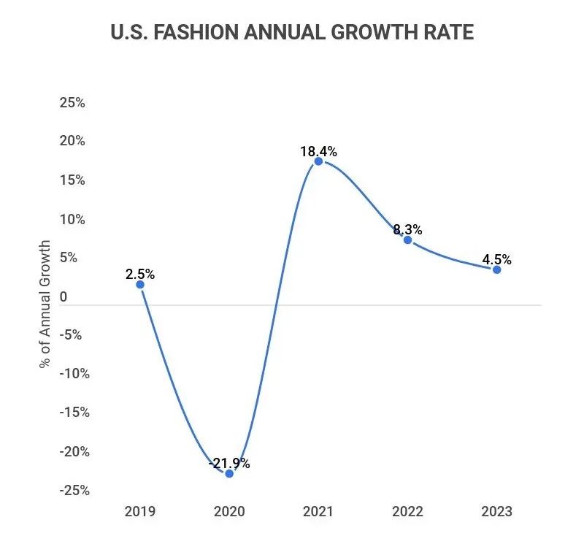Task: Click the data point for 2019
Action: pos(140,284)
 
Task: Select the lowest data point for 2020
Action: pos(229,473)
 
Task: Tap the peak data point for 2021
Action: pos(318,161)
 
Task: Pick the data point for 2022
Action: pos(407,240)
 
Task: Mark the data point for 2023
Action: pos(497,269)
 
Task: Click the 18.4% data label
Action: pos(318,151)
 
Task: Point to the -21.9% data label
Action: pos(229,463)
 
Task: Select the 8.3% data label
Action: pos(407,229)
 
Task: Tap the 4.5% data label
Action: pos(497,259)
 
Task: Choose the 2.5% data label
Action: pos(140,275)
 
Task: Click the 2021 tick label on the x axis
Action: pos(318,511)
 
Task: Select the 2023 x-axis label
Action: pos(497,511)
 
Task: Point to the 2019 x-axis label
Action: pos(140,511)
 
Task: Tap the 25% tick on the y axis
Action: pos(72,103)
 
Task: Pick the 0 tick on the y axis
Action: pos(64,297)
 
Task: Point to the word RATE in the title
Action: pos(449,33)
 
